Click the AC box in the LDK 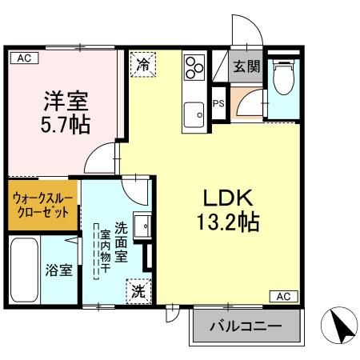click(283, 296)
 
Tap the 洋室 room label click(66, 102)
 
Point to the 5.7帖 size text click(66, 125)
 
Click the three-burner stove click(194, 67)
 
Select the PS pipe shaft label click(218, 102)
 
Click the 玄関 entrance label click(246, 67)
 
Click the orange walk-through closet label click(44, 206)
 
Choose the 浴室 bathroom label click(58, 270)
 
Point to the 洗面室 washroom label click(121, 242)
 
